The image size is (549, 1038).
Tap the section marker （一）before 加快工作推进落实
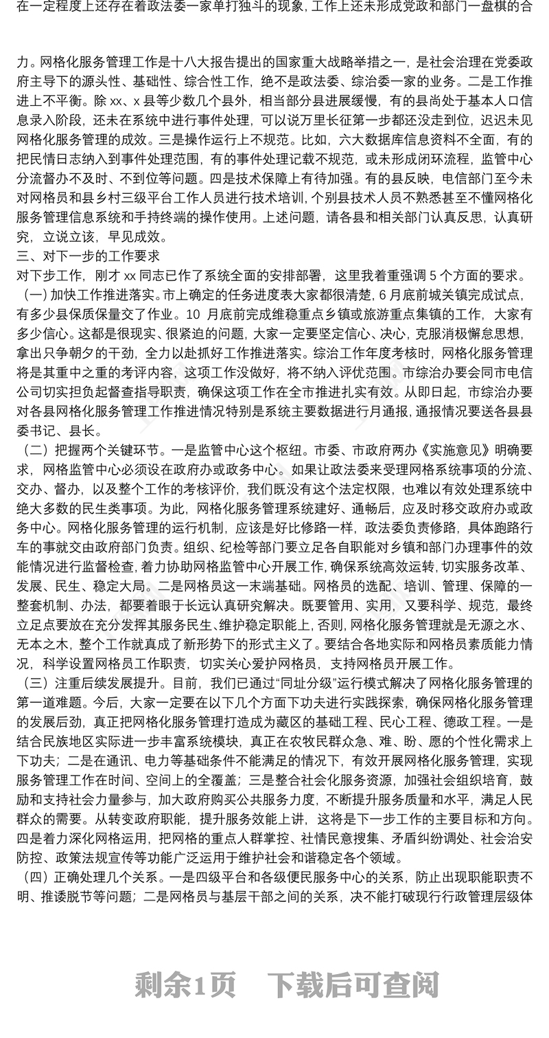pyautogui.click(x=34, y=295)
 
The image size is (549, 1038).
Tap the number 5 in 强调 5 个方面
pyautogui.click(x=432, y=276)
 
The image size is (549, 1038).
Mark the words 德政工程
pyautogui.click(x=484, y=722)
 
